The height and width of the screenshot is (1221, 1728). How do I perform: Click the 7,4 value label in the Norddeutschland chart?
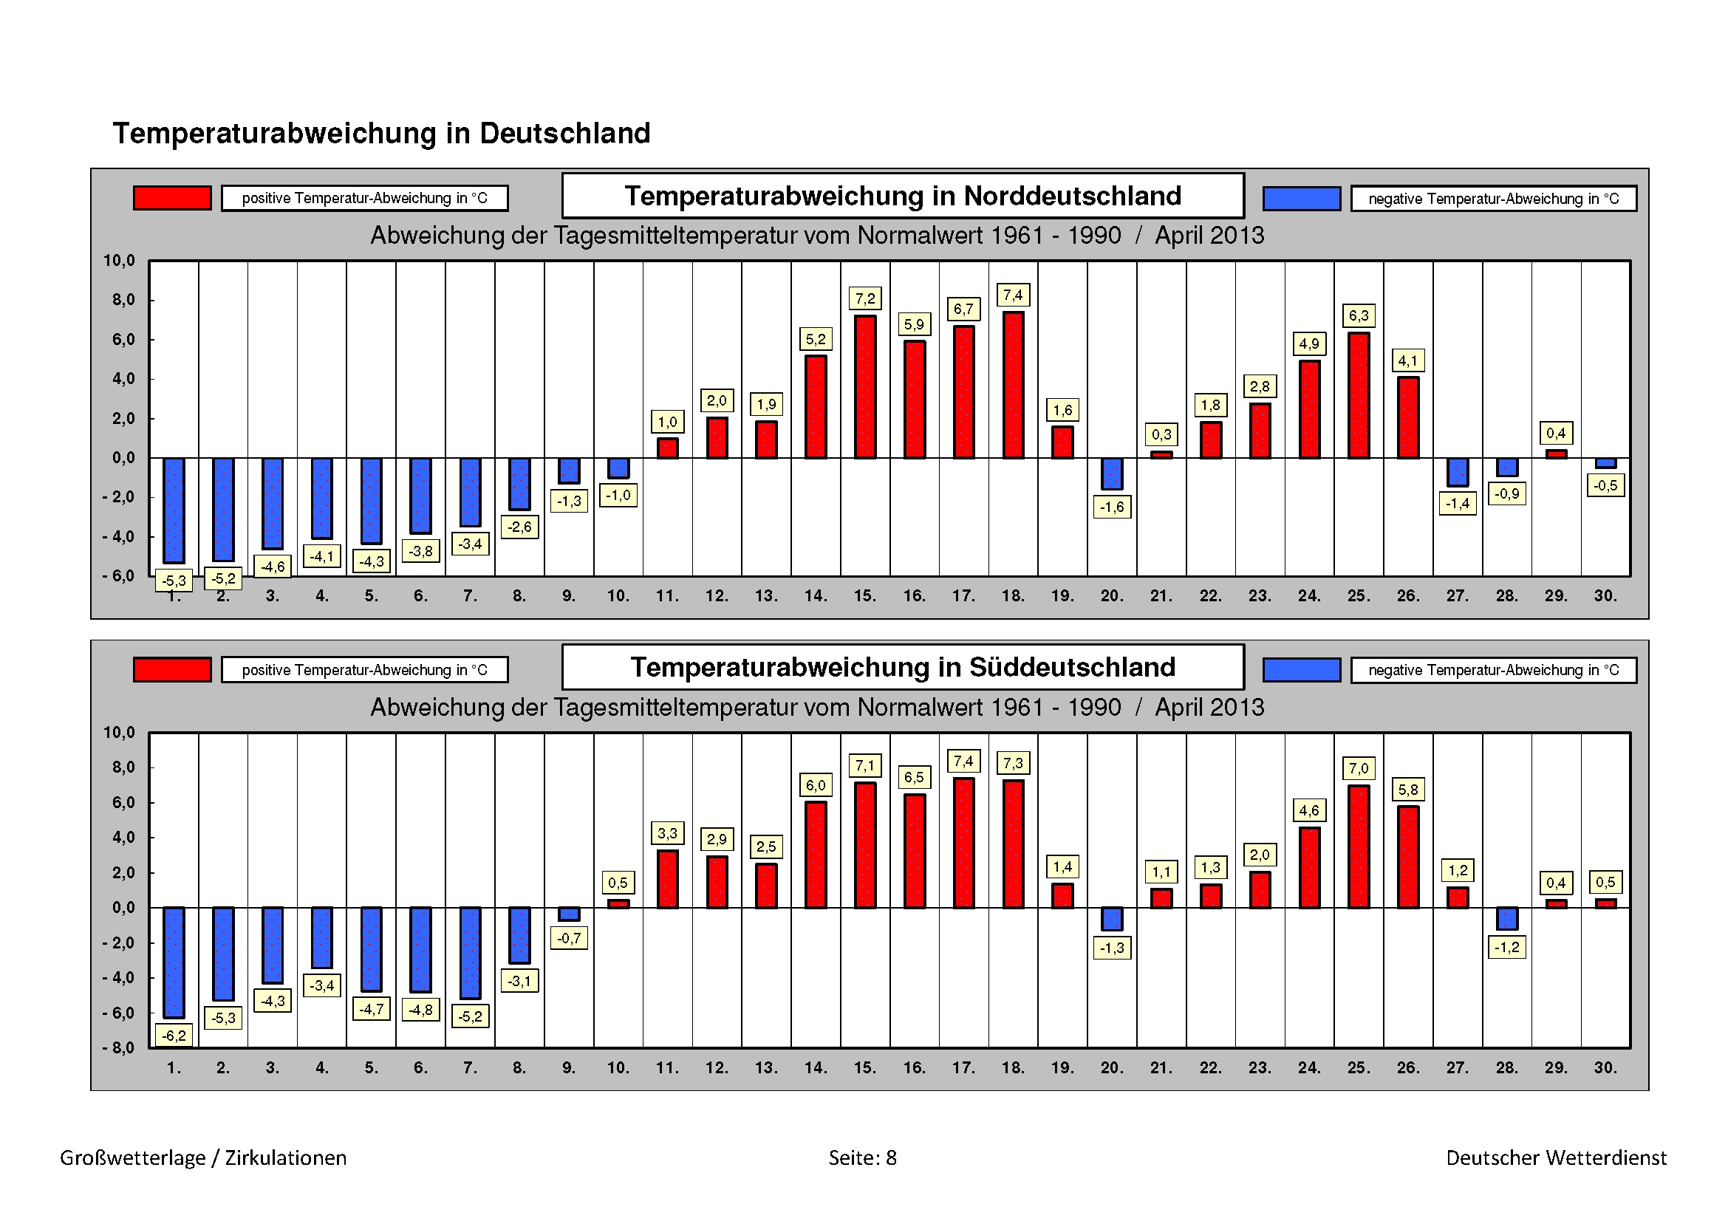click(1012, 295)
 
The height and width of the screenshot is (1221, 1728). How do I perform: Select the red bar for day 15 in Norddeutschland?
click(865, 387)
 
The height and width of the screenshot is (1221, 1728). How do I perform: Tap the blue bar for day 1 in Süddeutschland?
click(174, 962)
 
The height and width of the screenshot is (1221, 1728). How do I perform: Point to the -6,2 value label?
click(174, 1035)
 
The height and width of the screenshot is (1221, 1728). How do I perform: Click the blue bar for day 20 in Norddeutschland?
click(1112, 474)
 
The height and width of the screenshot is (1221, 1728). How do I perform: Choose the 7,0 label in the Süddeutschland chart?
click(1359, 768)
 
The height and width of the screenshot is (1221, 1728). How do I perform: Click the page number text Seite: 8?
click(862, 1157)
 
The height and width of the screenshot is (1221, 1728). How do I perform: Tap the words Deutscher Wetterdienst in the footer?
click(1556, 1157)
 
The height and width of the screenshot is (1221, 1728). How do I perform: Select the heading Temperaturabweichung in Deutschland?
click(381, 133)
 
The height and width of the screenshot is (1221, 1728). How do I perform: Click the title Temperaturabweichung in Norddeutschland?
click(902, 196)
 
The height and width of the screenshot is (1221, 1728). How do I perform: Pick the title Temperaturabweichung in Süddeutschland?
click(902, 667)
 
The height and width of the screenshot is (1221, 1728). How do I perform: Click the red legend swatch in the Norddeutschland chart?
click(172, 198)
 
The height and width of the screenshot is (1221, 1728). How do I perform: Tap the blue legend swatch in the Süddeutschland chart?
click(1301, 669)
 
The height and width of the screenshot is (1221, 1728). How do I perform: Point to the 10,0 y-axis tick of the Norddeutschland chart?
click(119, 261)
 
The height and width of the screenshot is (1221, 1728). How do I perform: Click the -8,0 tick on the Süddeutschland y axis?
click(119, 1048)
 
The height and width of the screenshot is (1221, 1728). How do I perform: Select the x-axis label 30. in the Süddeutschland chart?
click(1605, 1067)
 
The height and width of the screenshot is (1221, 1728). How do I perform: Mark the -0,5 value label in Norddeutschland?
click(1605, 485)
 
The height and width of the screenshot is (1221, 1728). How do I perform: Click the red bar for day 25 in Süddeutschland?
click(1359, 847)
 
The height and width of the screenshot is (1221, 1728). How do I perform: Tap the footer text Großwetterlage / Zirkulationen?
click(203, 1157)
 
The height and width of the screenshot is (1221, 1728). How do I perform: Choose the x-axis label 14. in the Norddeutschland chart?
click(815, 596)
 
